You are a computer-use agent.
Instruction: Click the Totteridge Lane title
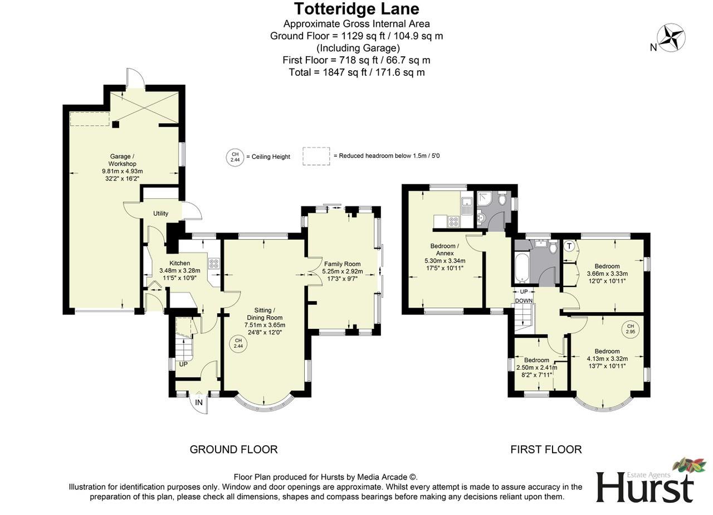point(356,9)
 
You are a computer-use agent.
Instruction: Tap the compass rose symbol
point(671,38)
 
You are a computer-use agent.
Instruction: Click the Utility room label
point(161,213)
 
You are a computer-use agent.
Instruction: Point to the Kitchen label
point(179,263)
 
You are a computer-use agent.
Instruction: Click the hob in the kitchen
point(214,263)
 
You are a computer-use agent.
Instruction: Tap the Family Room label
point(341,264)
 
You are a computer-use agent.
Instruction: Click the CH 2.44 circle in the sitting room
point(238,343)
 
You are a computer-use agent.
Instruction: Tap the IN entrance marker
point(199,402)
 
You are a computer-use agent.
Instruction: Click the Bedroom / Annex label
point(445,249)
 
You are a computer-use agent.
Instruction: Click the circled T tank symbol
point(569,246)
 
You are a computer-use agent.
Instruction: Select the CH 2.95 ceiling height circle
point(630,329)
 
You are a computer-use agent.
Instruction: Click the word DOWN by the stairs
point(524,300)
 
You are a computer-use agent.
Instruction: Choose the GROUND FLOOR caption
point(233,449)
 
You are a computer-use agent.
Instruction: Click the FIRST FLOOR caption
point(546,449)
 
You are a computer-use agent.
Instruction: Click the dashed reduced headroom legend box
point(316,156)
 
